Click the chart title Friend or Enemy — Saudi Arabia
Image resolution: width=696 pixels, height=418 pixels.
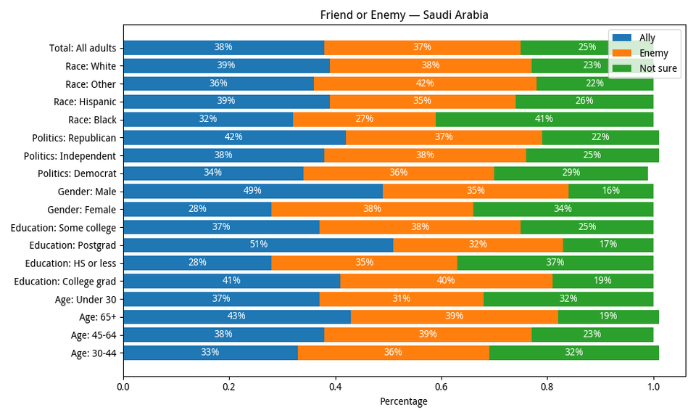[405, 15]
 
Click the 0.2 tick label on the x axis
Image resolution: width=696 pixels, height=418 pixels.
[230, 388]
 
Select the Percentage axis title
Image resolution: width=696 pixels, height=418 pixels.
[404, 401]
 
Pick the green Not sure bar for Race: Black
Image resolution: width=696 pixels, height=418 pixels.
[544, 120]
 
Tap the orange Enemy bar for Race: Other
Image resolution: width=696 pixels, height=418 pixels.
[425, 83]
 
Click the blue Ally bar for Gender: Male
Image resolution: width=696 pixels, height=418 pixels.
[253, 192]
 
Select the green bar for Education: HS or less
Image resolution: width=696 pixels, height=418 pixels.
[555, 263]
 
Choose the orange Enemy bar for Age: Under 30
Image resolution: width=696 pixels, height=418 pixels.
[402, 299]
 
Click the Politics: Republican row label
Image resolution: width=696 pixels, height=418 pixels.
[70, 138]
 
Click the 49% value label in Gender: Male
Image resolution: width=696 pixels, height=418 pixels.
[253, 192]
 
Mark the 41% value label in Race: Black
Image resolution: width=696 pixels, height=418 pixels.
[544, 120]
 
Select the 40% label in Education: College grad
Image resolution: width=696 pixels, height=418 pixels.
[446, 281]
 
